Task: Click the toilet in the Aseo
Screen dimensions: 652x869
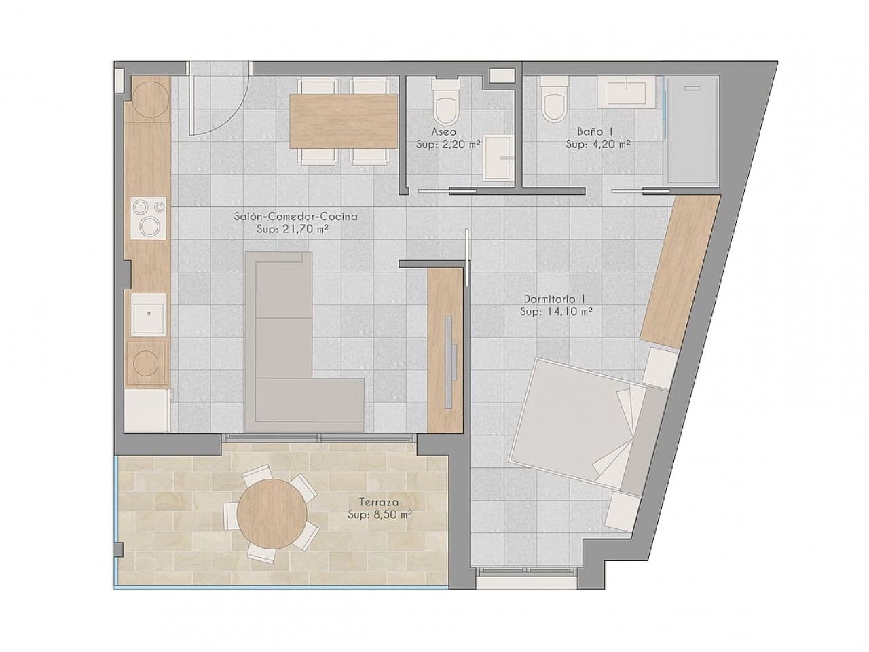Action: click(x=446, y=102)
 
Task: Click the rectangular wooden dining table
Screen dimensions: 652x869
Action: click(x=344, y=120)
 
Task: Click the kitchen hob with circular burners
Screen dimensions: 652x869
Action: click(x=148, y=217)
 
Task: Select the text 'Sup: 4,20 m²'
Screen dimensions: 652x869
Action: click(x=598, y=144)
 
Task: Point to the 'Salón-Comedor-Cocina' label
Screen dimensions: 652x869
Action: click(x=295, y=217)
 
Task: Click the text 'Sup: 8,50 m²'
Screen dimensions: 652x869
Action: click(x=380, y=514)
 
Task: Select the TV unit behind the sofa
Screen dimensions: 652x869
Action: click(x=446, y=350)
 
